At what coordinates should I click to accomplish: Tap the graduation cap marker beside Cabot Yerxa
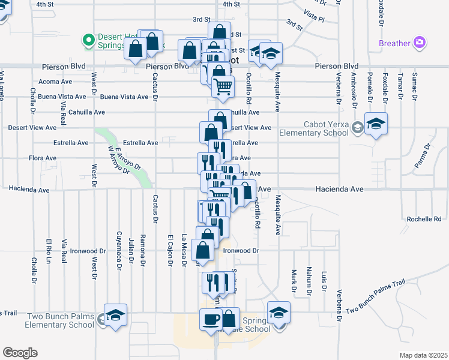coord(376,125)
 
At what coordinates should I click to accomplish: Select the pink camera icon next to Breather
coord(420,43)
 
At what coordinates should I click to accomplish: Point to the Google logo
coord(20,352)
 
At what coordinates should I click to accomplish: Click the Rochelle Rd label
coord(424,219)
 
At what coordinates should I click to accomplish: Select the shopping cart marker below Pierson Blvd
coord(223,88)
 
